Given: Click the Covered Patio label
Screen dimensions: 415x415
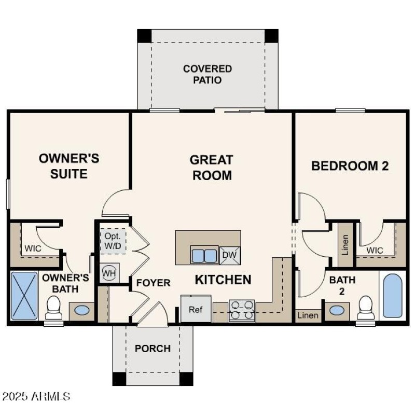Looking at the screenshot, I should [208, 75].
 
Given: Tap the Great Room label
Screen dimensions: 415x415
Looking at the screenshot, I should [212, 168].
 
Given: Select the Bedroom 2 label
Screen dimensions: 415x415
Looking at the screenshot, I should [350, 166].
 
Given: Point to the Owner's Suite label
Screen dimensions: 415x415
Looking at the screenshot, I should [69, 166].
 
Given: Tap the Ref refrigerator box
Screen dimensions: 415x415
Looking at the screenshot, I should [195, 310].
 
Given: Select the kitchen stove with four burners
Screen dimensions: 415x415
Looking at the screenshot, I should [242, 310].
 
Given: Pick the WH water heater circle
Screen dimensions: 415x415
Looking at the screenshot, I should [108, 272].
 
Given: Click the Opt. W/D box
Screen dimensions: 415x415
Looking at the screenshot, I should [113, 240].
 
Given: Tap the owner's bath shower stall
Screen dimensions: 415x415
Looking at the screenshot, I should [24, 295].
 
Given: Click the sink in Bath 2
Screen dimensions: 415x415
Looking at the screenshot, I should [338, 310].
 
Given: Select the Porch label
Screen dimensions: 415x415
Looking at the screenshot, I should [153, 349].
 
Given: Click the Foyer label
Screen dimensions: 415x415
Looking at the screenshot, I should [153, 283].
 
